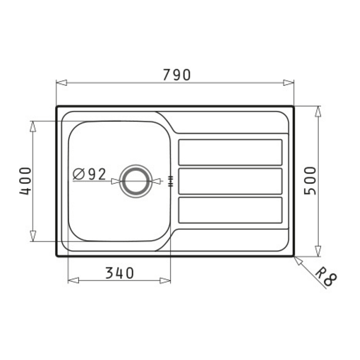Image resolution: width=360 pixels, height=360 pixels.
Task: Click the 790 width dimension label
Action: pos(177,74)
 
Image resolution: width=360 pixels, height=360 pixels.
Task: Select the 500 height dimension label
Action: pos(310,180)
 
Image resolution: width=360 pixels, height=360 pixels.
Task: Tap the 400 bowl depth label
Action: pos(25,181)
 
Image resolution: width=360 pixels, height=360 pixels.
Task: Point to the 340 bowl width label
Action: pos(120,273)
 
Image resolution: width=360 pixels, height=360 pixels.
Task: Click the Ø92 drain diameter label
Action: pos(89,174)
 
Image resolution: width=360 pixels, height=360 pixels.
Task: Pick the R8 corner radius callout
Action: pos(326,276)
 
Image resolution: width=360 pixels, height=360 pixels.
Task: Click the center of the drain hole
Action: pos(136,181)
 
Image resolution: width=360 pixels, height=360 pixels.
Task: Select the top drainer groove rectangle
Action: pos(230,152)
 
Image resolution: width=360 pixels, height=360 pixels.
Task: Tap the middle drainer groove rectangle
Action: pos(230,181)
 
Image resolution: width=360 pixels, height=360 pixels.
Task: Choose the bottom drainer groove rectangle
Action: pos(230,210)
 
